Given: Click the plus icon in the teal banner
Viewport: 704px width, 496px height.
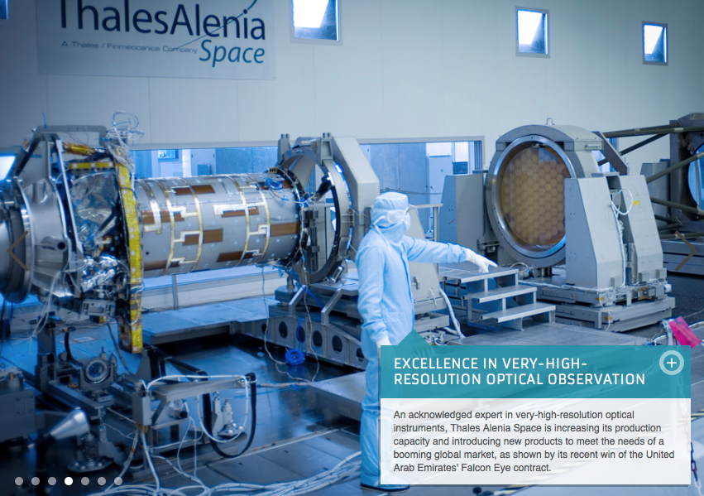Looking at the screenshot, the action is tap(671, 363).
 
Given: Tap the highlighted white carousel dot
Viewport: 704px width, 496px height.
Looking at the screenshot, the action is tap(69, 481).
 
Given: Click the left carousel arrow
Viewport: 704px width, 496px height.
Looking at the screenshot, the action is tap(18, 251).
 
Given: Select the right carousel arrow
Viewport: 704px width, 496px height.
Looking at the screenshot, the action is tap(686, 251).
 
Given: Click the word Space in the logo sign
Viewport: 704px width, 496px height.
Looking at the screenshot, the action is tap(232, 53).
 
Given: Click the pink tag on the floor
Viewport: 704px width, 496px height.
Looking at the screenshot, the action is tap(683, 331).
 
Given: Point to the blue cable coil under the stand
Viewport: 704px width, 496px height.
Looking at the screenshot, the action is tap(295, 357).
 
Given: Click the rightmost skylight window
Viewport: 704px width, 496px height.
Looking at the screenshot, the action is tap(654, 43).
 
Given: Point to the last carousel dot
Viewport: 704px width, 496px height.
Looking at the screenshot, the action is tap(118, 481).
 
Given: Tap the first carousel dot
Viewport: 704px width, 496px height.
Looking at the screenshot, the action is tap(19, 481).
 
